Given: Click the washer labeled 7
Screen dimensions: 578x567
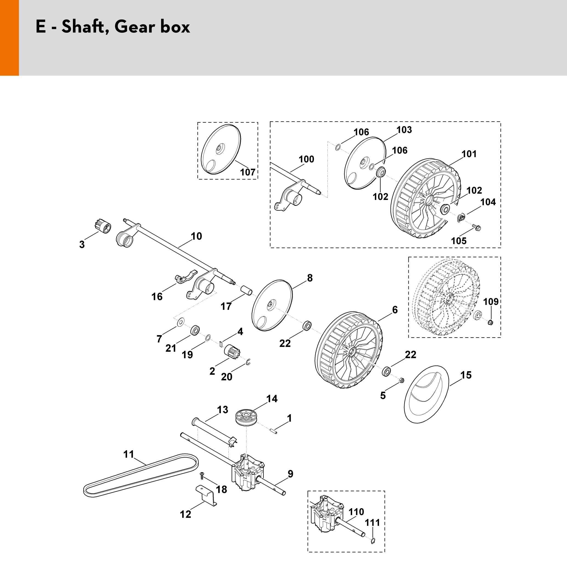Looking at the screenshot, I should (181, 322).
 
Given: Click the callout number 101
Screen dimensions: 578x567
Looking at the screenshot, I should (469, 154).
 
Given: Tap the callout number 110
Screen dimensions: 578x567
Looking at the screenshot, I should (356, 512).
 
